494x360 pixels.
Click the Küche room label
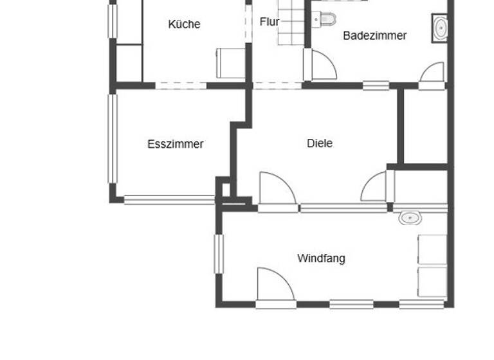click(x=184, y=24)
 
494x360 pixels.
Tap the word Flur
click(x=270, y=22)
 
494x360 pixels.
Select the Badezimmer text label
click(x=374, y=36)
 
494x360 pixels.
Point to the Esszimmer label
click(x=175, y=144)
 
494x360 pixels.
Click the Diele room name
click(x=320, y=143)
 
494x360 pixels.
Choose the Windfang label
click(x=321, y=258)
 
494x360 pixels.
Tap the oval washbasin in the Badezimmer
click(x=441, y=28)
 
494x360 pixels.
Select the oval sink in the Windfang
click(x=408, y=217)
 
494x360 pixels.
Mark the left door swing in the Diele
click(x=275, y=189)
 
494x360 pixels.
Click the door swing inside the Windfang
click(x=273, y=284)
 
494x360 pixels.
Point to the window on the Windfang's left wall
click(x=218, y=254)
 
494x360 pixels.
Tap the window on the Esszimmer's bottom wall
click(x=169, y=200)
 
